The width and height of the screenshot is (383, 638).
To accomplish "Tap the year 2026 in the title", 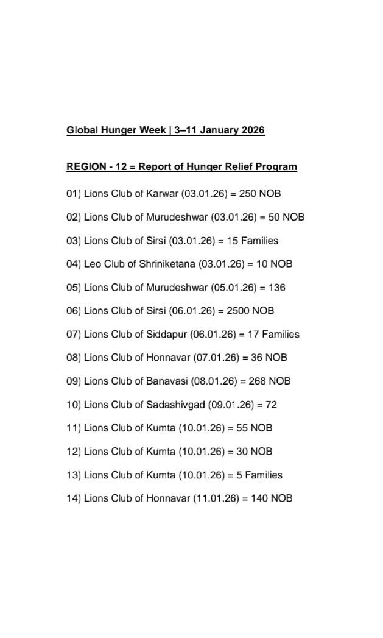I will click(252, 130).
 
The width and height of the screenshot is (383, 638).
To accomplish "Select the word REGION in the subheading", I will click(86, 166).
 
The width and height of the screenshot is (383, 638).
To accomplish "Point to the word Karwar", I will click(163, 194).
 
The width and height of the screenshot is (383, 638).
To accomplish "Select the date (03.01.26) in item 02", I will click(234, 217).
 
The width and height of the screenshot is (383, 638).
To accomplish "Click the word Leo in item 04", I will click(93, 264).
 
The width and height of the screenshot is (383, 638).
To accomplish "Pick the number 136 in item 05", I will click(277, 288).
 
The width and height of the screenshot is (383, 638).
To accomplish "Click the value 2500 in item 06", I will click(237, 311).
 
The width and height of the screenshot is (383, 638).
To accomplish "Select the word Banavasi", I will click(167, 381).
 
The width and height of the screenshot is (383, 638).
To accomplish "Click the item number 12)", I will click(74, 452).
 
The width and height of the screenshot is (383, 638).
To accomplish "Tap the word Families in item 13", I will click(264, 475).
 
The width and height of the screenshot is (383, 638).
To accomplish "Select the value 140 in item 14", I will click(259, 498).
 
